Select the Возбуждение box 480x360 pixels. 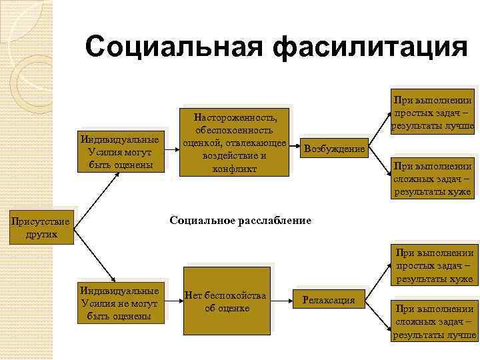(334, 149)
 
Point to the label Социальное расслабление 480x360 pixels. (240, 220)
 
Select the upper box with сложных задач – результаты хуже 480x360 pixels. (433, 179)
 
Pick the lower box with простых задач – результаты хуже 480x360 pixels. (434, 265)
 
